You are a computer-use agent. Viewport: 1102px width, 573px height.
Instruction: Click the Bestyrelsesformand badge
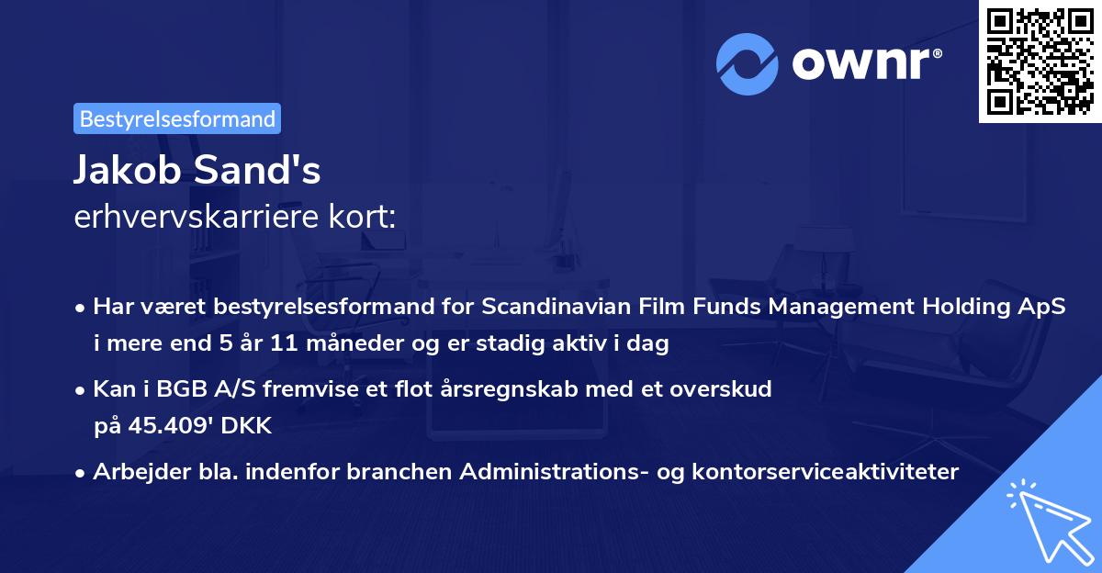coord(177,118)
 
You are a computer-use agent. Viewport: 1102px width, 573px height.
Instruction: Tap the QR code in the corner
coord(1039,62)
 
